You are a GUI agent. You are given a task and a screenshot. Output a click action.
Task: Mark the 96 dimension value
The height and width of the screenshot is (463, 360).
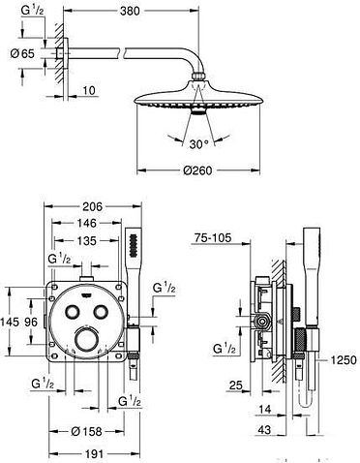pyautogui.click(x=32, y=321)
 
